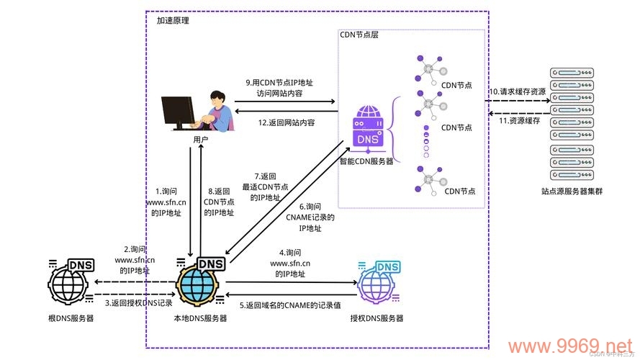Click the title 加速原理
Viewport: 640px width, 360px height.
[173, 21]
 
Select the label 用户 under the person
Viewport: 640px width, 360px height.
[200, 139]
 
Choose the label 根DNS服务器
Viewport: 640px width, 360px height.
[71, 318]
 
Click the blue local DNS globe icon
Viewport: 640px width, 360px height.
[199, 283]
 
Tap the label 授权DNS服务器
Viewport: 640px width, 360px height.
[377, 318]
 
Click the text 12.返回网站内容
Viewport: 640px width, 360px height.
[287, 122]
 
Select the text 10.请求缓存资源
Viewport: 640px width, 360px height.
[518, 91]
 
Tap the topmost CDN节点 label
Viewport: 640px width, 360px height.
[457, 84]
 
